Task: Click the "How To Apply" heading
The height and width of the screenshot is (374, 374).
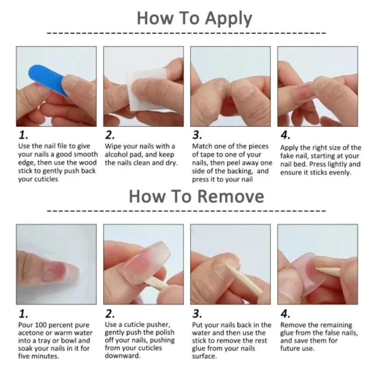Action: tap(194, 19)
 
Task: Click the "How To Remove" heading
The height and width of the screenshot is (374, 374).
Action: tap(196, 196)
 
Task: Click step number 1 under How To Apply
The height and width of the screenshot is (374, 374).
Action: tap(23, 136)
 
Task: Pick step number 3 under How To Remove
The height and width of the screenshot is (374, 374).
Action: tap(197, 314)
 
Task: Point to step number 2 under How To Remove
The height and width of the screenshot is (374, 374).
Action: tap(110, 314)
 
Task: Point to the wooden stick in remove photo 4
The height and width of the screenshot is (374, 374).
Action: tap(330, 271)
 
